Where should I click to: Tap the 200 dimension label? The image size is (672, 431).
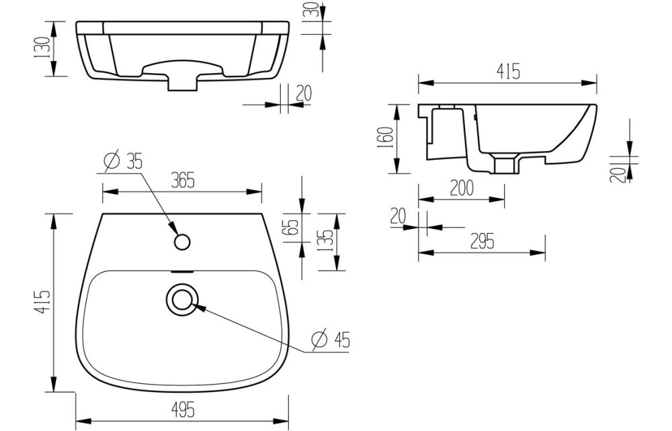tap(462, 188)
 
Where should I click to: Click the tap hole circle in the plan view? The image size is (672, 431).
tap(181, 241)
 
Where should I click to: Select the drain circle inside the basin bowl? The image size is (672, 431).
tap(181, 299)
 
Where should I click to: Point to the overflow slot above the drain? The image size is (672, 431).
tap(181, 272)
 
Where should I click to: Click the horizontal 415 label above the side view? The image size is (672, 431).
tap(508, 73)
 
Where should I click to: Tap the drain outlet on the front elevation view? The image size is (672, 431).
tap(182, 82)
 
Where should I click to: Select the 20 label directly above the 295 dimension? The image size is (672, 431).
tap(398, 215)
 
